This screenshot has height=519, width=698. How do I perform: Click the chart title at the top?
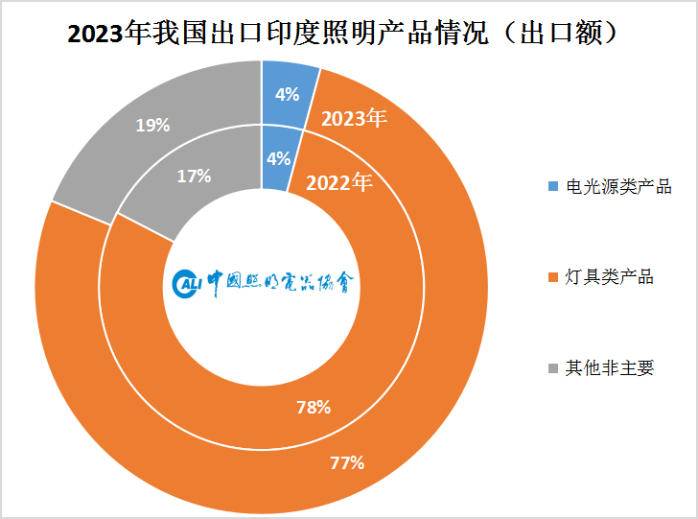pyautogui.click(x=348, y=32)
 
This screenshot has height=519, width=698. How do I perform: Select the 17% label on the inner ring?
pyautogui.click(x=195, y=176)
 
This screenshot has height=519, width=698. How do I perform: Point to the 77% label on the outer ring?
pyautogui.click(x=346, y=463)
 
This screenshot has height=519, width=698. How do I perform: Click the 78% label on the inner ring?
pyautogui.click(x=314, y=407)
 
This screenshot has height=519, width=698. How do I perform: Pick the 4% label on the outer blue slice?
pyautogui.click(x=287, y=94)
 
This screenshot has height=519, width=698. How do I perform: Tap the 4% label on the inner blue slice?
pyautogui.click(x=278, y=159)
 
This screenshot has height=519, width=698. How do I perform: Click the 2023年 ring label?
pyautogui.click(x=354, y=119)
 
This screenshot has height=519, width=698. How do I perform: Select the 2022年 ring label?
pyautogui.click(x=338, y=182)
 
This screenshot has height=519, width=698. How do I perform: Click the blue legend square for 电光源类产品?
pyautogui.click(x=551, y=186)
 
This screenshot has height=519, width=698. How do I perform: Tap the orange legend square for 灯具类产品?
pyautogui.click(x=551, y=277)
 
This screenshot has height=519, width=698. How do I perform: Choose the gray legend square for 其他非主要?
pyautogui.click(x=551, y=368)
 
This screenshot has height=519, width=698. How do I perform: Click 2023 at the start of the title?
pyautogui.click(x=96, y=33)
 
